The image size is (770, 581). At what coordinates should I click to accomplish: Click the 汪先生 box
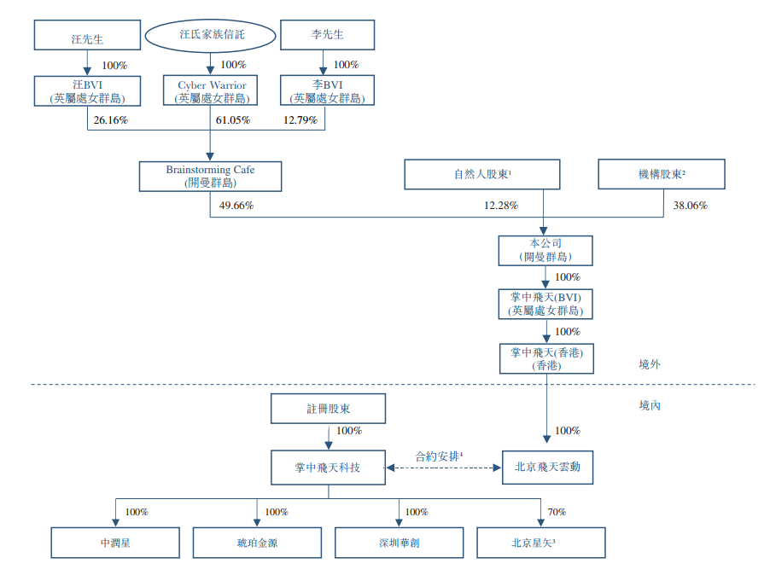click(86, 37)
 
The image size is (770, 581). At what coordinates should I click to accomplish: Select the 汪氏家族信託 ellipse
click(211, 36)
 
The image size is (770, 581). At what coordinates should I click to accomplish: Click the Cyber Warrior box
click(211, 91)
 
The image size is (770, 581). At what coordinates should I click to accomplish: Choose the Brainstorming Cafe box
click(210, 176)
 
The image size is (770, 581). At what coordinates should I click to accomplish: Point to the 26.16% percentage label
click(111, 120)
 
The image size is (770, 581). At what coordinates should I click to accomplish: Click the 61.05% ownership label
click(232, 120)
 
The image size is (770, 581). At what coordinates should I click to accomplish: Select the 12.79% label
click(300, 120)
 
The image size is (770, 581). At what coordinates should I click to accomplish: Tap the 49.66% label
click(236, 205)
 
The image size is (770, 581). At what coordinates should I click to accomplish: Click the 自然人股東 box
click(482, 174)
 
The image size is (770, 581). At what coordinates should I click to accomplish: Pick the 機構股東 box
click(662, 174)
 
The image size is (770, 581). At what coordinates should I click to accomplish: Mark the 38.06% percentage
click(690, 205)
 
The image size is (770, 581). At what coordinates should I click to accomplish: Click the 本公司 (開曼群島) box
click(545, 250)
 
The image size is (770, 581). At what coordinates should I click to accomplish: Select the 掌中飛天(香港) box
click(546, 358)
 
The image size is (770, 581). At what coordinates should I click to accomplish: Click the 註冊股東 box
click(328, 409)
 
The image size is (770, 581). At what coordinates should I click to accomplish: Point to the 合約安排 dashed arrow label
click(440, 456)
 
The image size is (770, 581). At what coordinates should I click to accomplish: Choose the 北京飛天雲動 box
click(546, 468)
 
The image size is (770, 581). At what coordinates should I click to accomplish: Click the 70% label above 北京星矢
click(557, 512)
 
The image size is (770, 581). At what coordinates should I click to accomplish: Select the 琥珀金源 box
click(257, 543)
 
